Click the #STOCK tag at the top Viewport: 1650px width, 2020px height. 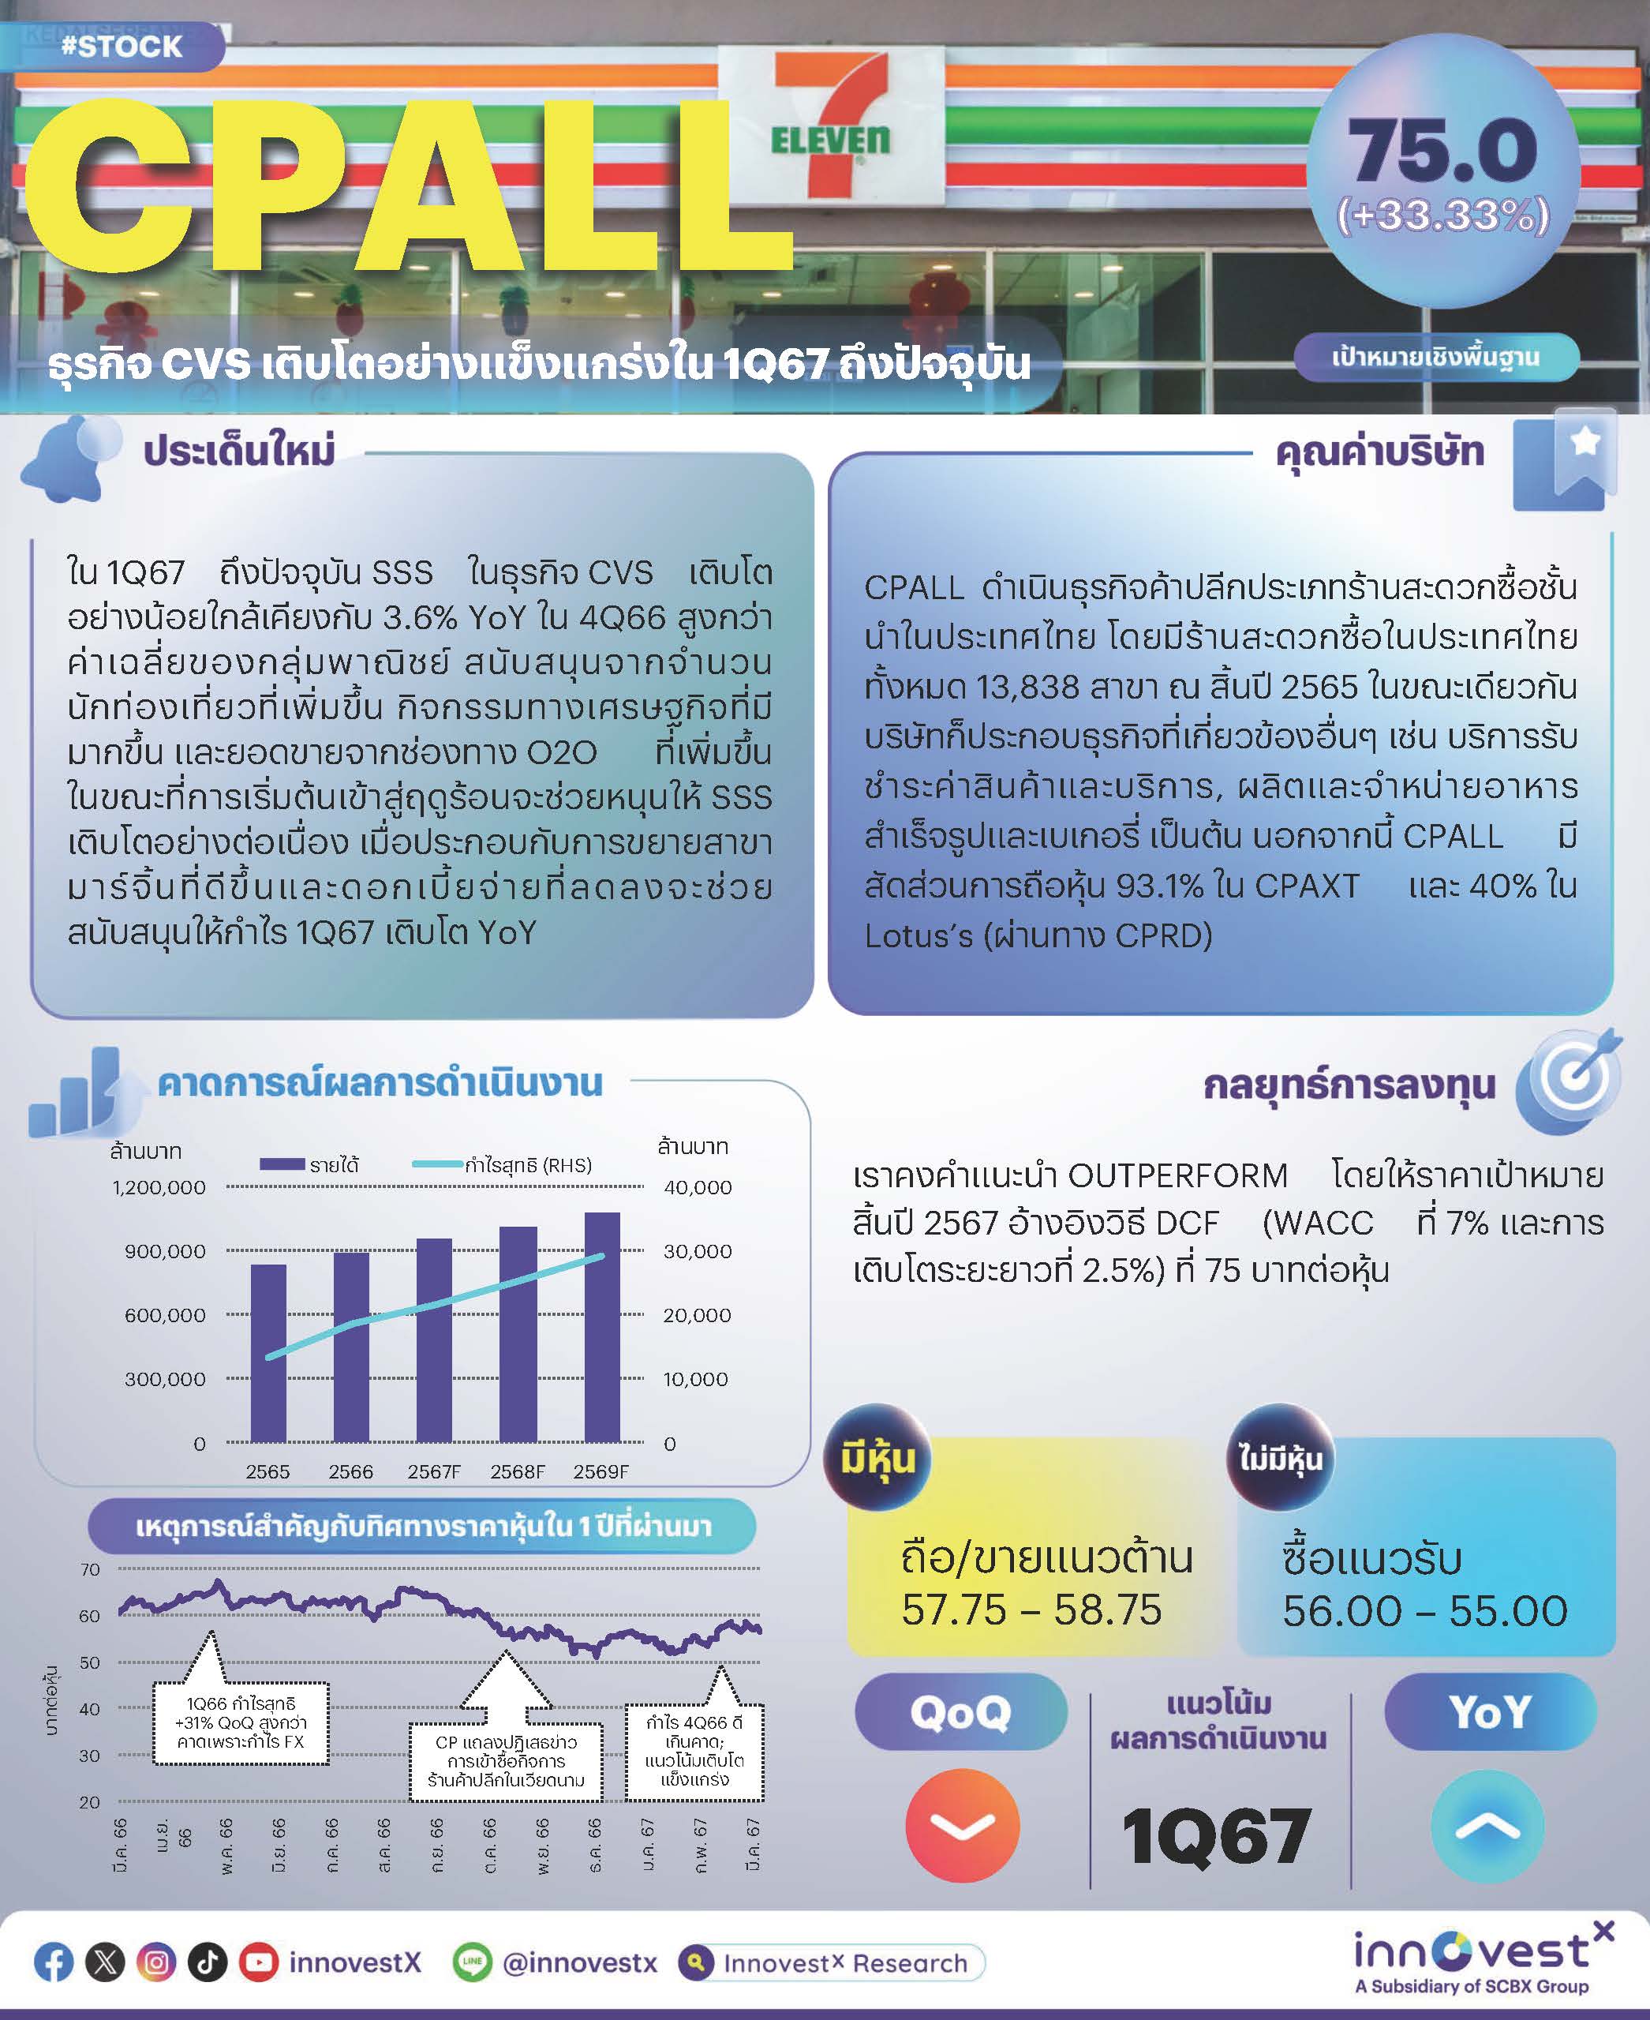point(121,46)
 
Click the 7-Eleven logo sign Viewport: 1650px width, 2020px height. point(831,124)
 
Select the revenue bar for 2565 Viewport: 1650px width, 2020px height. point(268,1351)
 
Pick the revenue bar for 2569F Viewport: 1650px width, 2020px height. point(601,1326)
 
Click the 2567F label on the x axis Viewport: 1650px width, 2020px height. point(433,1471)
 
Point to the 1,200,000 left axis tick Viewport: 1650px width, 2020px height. point(159,1187)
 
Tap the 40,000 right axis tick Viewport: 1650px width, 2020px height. point(698,1187)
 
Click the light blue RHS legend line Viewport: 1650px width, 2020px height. point(437,1164)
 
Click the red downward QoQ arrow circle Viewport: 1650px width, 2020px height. point(962,1825)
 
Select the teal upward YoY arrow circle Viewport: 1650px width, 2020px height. point(1487,1825)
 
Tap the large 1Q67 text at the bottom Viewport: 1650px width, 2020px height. point(1216,1837)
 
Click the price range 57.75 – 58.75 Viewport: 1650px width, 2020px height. point(1031,1610)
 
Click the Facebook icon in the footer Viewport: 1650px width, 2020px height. point(53,1962)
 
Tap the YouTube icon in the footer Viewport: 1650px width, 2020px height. point(257,1962)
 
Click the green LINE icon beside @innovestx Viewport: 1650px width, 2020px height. point(471,1962)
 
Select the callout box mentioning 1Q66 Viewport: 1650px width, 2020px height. point(241,1722)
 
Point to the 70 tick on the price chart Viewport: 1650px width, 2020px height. point(90,1569)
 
